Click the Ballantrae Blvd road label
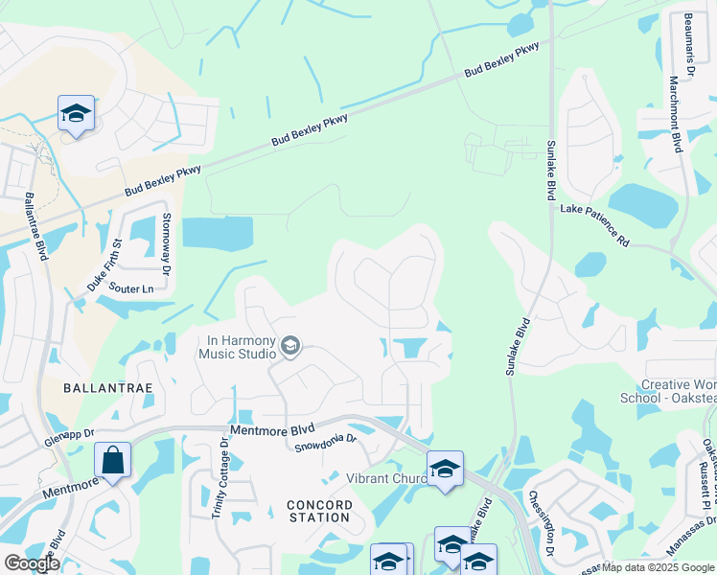point(36,226)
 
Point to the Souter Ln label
point(131,287)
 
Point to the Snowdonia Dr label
point(325,442)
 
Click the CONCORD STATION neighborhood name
point(318,511)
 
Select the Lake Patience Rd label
point(594,224)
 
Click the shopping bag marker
point(113,460)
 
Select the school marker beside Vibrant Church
point(445,469)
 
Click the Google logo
point(32,563)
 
